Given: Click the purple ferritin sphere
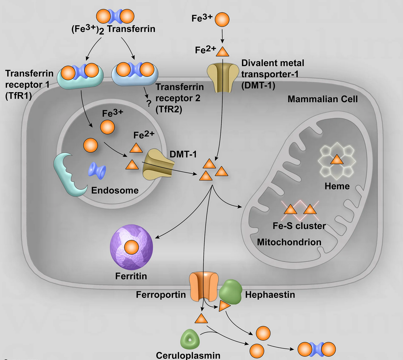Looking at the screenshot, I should tap(131, 248).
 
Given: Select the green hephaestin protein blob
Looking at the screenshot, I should tap(231, 291).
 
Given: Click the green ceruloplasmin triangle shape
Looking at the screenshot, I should tap(189, 338).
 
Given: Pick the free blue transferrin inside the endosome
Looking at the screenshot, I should tap(98, 170).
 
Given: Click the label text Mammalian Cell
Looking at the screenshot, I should tap(323, 100).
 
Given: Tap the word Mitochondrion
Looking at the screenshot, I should tap(289, 242).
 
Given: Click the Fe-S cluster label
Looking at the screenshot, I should tap(299, 226).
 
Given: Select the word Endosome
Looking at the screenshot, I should tap(114, 190).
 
